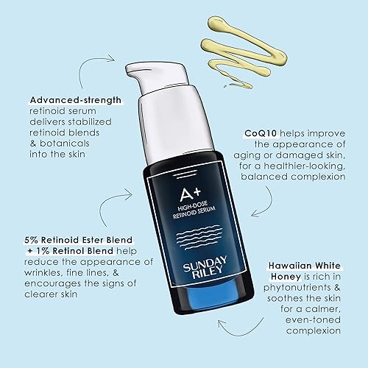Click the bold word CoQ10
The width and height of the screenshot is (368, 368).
(x=261, y=134)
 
